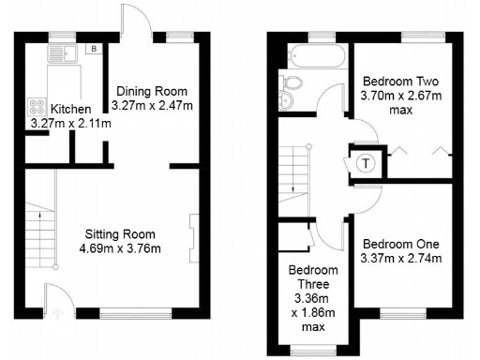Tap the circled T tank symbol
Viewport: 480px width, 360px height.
tap(365, 160)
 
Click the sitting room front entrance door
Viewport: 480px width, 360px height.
tap(55, 300)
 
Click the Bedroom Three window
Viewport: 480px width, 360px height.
tap(306, 351)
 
